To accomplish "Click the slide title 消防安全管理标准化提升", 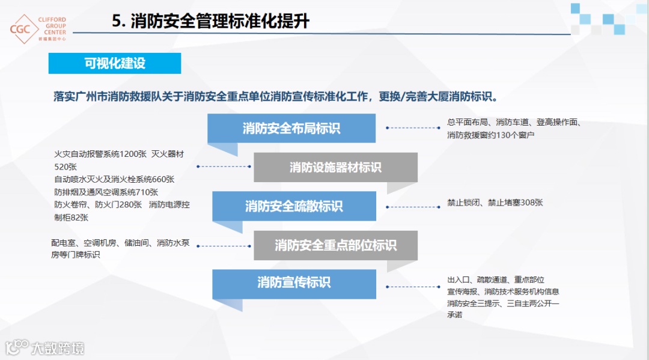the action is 211,21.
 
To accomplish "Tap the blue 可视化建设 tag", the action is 115,63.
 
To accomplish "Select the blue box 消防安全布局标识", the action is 291,128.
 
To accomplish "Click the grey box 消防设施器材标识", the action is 335,167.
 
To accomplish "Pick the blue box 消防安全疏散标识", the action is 294,206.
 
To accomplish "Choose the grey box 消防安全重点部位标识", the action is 335,245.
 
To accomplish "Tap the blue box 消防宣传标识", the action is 294,282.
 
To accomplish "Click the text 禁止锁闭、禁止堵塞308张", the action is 495,203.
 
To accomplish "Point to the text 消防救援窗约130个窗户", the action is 491,135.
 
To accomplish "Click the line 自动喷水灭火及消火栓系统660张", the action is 114,179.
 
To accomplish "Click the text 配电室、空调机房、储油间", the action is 102,243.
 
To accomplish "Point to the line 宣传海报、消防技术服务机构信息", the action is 503,291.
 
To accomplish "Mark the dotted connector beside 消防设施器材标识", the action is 224,166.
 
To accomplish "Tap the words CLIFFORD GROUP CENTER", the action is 52,26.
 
